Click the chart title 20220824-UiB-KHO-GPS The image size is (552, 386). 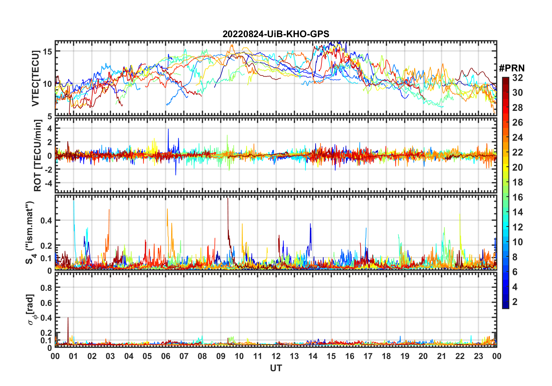click(x=276, y=34)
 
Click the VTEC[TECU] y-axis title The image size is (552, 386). click(x=35, y=78)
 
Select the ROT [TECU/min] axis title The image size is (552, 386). click(x=37, y=156)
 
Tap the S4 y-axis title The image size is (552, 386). click(x=30, y=232)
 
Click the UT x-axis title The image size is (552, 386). click(x=276, y=368)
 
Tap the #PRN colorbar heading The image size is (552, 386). click(x=512, y=68)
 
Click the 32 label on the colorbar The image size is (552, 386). click(x=517, y=78)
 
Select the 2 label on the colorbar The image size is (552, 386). click(x=515, y=302)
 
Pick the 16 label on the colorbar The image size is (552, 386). click(x=517, y=197)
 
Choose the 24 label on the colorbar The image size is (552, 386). click(x=517, y=138)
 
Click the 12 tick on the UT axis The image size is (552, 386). click(x=276, y=356)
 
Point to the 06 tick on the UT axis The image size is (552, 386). click(x=165, y=356)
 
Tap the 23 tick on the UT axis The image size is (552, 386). click(x=478, y=356)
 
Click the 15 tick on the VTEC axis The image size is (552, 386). click(x=47, y=51)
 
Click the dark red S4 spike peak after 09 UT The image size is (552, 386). click(x=228, y=199)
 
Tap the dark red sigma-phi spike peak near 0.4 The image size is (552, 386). click(x=68, y=318)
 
